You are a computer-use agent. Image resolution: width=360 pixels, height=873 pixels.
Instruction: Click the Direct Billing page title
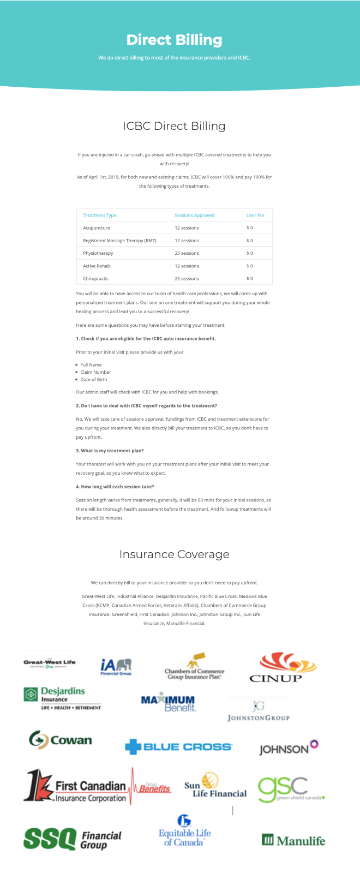(174, 40)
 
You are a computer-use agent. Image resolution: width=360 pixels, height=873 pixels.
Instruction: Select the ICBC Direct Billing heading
(174, 126)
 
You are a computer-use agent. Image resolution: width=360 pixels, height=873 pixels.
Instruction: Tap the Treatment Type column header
(99, 215)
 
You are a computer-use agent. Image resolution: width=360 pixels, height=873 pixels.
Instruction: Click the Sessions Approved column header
(194, 215)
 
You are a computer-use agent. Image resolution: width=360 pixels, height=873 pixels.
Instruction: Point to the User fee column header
(255, 215)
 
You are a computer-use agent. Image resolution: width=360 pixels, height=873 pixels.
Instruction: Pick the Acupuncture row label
(97, 228)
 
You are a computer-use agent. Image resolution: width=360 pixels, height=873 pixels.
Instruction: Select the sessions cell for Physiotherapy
(187, 253)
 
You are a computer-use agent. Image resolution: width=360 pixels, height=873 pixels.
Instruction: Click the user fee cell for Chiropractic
(249, 278)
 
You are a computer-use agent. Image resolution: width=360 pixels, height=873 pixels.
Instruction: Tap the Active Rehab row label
(97, 266)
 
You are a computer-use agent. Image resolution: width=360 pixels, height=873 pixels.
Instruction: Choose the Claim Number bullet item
(95, 372)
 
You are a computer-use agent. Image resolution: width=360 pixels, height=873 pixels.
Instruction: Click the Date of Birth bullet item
(94, 379)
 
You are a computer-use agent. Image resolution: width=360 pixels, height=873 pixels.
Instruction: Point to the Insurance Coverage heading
(174, 554)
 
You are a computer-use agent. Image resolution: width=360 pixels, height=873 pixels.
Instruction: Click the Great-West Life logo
(50, 663)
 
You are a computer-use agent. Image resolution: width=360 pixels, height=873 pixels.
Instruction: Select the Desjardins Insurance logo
(62, 698)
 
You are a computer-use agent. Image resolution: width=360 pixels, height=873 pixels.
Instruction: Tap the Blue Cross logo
(178, 746)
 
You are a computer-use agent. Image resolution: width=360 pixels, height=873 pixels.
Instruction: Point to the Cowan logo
(61, 740)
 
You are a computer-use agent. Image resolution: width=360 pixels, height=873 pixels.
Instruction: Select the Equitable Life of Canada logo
(184, 831)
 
